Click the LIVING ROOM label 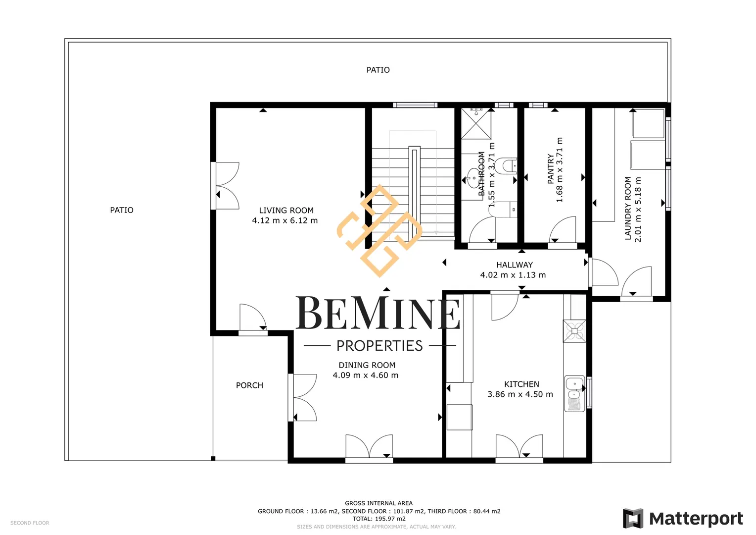286,211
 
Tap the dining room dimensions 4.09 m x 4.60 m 366,375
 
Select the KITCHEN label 521,384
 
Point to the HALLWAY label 515,265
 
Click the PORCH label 249,385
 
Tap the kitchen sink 574,393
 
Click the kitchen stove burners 574,331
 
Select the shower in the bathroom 476,124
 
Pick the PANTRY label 551,169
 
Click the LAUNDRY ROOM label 628,208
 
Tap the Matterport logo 683,519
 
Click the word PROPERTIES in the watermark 379,346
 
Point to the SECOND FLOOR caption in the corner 30,523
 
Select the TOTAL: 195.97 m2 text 379,519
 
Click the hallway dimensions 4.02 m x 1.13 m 513,275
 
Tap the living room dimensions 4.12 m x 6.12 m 285,221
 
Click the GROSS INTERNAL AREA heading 378,503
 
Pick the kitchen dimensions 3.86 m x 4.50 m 520,394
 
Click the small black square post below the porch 213,459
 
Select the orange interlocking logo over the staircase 379,231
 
